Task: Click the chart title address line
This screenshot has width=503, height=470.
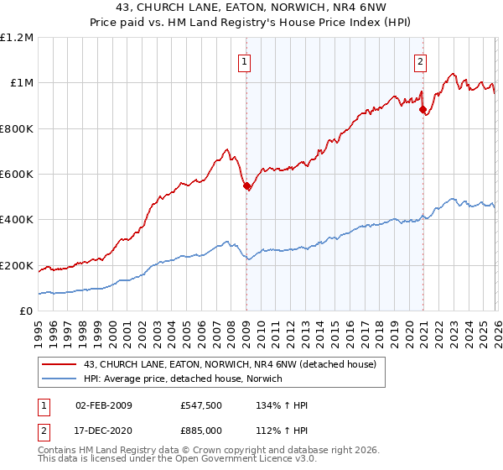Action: point(251,8)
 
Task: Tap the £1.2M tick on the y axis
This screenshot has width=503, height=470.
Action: point(17,38)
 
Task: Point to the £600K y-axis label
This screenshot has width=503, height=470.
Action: point(17,175)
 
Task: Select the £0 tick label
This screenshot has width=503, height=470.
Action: point(26,311)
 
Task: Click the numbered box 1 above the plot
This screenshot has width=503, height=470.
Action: point(244,60)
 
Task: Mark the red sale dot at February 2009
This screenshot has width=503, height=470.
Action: point(246,186)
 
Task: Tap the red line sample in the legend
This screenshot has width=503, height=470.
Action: point(59,364)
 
